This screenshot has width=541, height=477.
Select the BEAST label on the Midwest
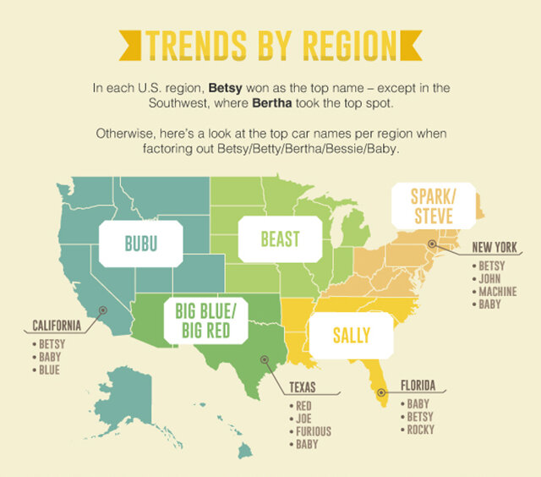tap(280, 239)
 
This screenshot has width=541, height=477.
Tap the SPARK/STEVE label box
tap(432, 206)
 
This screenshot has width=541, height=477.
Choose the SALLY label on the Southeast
tap(351, 336)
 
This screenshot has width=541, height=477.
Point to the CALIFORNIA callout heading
tap(57, 325)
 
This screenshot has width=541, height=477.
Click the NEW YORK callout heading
tap(495, 247)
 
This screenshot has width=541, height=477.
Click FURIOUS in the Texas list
tap(314, 431)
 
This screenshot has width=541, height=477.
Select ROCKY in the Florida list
tap(420, 430)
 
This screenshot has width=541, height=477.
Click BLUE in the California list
tap(50, 370)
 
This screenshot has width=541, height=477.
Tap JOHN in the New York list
tap(490, 277)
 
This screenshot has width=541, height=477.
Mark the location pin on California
tap(102, 310)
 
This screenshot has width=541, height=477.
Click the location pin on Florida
tap(381, 392)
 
